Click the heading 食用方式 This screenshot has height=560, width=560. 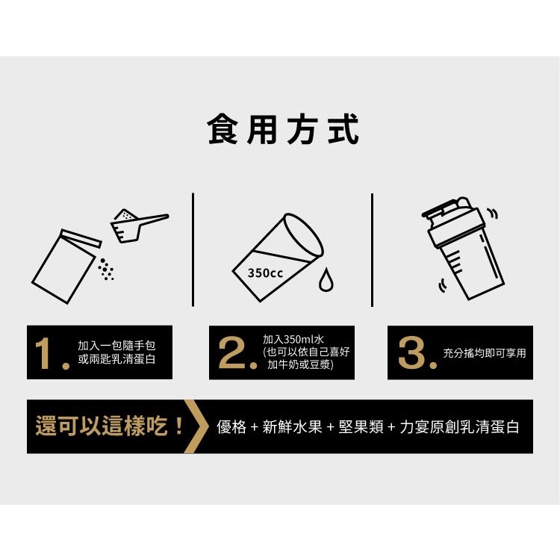coord(283,129)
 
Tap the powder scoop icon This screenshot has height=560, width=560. coord(140,225)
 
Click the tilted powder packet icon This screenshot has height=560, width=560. coord(66,266)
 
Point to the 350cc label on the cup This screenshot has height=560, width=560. coord(265,273)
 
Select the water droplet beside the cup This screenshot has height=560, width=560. coord(326,280)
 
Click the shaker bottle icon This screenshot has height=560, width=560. coord(463,248)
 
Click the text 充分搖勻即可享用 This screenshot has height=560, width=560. coord(485,353)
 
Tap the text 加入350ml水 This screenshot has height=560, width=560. coord(293,339)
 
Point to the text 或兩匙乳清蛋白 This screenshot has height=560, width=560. coord(116,359)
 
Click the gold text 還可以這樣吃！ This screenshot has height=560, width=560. coord(110,426)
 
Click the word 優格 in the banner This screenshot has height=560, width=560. coord(231,427)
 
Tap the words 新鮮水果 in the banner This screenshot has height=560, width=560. coord(292,427)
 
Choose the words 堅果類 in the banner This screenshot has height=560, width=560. coord(361,427)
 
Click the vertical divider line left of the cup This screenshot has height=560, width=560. coord(193,249)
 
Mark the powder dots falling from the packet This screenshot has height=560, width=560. coord(106,270)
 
